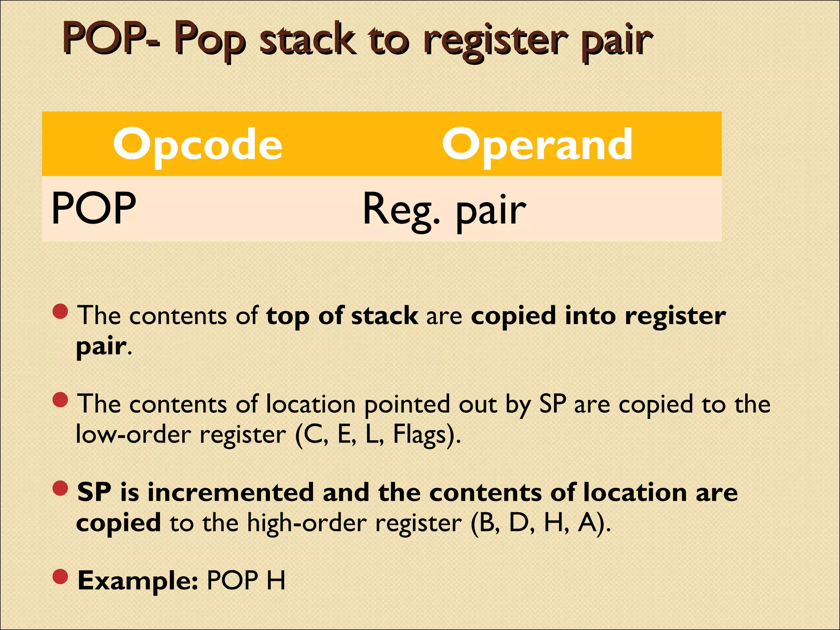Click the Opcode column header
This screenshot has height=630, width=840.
point(198,144)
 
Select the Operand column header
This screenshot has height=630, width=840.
point(537,144)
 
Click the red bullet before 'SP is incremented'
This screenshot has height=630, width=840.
point(60,488)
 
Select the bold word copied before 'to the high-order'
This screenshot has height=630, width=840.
point(119,523)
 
